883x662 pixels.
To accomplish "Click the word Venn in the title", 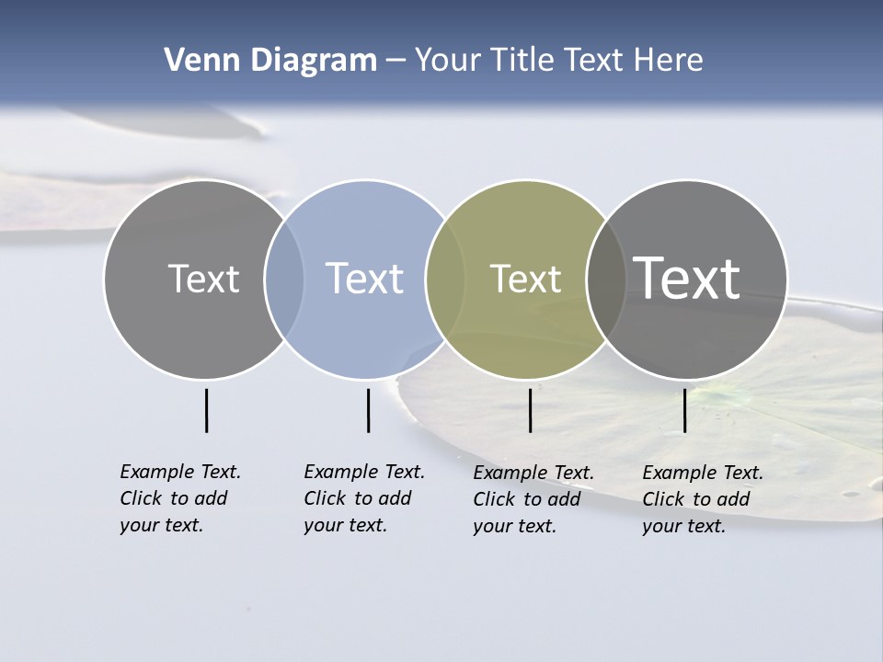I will click(x=198, y=61).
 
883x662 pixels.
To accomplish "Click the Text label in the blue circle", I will click(x=364, y=279).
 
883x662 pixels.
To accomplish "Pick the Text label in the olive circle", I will click(x=525, y=279).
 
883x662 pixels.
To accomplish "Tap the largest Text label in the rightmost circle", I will click(x=687, y=278).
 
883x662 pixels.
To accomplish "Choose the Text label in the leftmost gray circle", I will click(x=203, y=279).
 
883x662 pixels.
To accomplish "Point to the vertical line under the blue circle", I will click(x=368, y=410).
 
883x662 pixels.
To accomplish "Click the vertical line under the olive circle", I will click(x=530, y=410).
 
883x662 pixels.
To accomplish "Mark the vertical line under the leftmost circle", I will click(x=206, y=410).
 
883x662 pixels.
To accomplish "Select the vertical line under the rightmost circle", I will click(x=684, y=410).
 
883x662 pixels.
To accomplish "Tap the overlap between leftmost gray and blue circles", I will click(x=284, y=280).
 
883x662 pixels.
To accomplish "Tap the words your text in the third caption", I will click(x=514, y=526).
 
